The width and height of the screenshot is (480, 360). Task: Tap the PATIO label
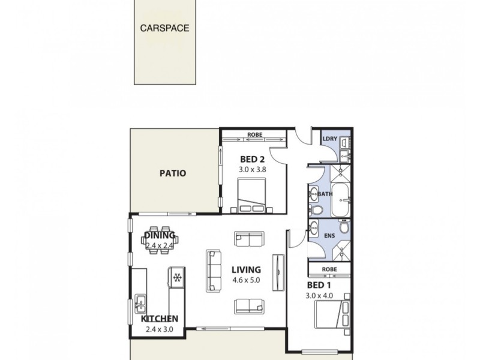click(x=172, y=173)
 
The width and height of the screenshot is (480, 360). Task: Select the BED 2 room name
click(x=252, y=159)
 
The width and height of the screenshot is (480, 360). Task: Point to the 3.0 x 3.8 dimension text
click(x=252, y=169)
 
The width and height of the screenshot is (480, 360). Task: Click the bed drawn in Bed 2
click(x=252, y=198)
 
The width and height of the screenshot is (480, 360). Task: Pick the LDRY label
click(x=329, y=139)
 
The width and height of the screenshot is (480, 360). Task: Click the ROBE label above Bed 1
click(x=328, y=269)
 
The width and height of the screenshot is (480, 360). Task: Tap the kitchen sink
click(x=140, y=301)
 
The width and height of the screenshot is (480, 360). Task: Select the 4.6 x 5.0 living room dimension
click(x=247, y=280)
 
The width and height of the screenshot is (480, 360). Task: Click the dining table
click(x=160, y=239)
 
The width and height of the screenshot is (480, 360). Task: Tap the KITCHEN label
click(x=159, y=319)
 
